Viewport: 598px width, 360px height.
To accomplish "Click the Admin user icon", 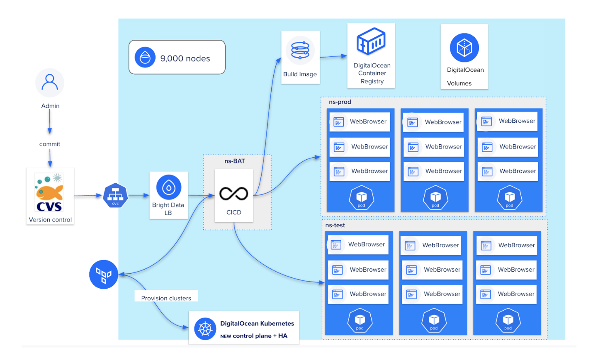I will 50,83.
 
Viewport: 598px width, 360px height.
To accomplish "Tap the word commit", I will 50,144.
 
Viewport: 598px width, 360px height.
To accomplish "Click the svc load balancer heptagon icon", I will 115,195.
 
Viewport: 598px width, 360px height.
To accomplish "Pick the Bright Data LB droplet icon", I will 168,187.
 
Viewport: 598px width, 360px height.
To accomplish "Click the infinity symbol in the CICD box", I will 233,194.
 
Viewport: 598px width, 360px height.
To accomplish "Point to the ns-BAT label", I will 235,161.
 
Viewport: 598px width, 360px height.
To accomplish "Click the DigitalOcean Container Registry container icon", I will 371,41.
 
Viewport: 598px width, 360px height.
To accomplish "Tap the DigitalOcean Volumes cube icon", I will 464,48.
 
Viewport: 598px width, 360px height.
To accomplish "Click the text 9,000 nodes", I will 185,58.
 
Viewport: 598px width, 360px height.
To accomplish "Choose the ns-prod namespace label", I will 340,102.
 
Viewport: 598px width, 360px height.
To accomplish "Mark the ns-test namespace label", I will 335,225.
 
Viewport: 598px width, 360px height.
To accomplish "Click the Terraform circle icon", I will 104,274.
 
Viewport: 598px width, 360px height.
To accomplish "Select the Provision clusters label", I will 166,298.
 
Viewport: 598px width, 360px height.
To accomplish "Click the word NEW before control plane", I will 226,336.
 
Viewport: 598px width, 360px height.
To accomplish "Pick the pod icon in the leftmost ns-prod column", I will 361,198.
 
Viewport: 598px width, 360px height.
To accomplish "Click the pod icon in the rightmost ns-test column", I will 508,321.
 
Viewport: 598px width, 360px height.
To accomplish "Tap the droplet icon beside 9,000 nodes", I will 145,57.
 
